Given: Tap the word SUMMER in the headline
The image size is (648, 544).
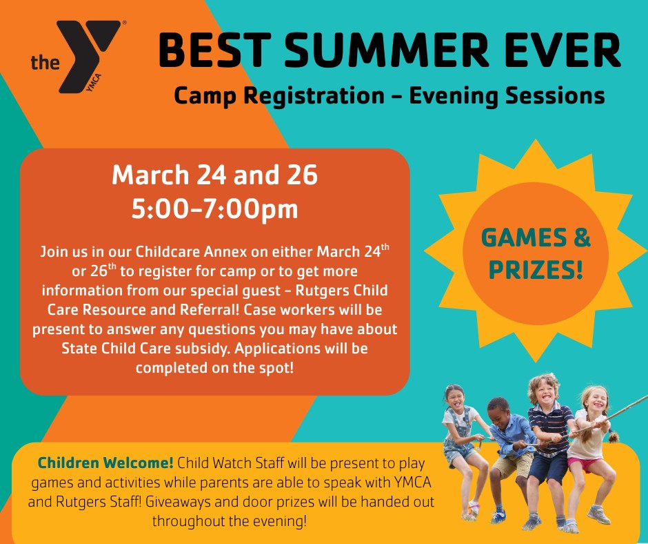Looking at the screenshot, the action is pos(387,50).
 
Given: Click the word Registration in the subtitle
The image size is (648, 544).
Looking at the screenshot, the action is pos(314,96).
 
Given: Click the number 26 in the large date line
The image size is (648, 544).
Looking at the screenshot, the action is pos(303,175).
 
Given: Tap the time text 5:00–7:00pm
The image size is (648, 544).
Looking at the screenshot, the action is pos(215,209).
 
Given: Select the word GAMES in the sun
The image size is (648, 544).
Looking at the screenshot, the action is pos(524,237).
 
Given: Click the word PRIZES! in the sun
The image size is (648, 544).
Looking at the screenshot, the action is pos(536,270).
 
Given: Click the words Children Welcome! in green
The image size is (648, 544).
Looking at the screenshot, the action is pos(105,463).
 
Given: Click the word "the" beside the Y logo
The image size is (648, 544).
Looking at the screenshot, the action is pos(45,63).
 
